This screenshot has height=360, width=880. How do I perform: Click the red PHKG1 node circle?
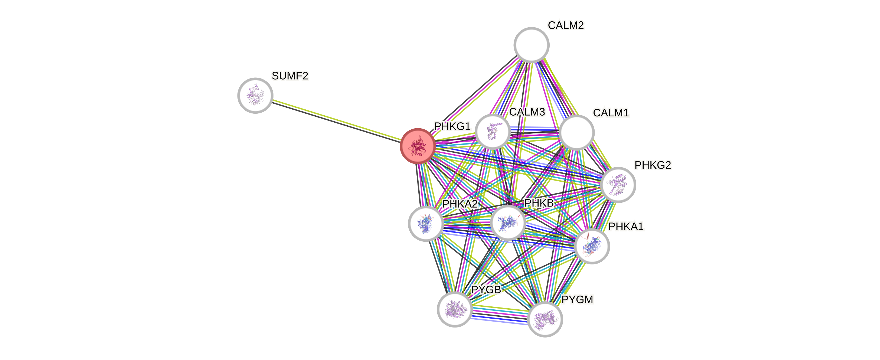pos(418,146)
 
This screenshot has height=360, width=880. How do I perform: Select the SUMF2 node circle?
pos(255,95)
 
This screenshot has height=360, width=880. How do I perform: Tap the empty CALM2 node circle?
pos(531,45)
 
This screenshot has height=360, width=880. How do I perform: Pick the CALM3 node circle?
pos(493,132)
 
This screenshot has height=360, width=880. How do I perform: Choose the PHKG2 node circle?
pos(618,185)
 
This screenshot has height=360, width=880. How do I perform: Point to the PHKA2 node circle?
pos(426,224)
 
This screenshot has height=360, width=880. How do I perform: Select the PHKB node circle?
pos(508,223)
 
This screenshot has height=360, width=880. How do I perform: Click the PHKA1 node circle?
pos(592,246)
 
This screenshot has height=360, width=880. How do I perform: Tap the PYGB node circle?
pos(454,309)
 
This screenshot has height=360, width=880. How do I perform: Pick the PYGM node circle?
pos(545,319)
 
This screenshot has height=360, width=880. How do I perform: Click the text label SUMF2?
pos(290,76)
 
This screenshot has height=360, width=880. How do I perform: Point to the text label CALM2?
pos(566,25)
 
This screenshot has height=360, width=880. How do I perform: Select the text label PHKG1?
pos(452,126)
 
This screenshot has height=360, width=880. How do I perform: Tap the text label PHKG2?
pos(653,165)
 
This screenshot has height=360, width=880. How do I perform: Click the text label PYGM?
pos(577,300)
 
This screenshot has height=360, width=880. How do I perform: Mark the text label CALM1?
pos(611,113)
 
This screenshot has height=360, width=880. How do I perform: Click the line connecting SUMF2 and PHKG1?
pos(337,120)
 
